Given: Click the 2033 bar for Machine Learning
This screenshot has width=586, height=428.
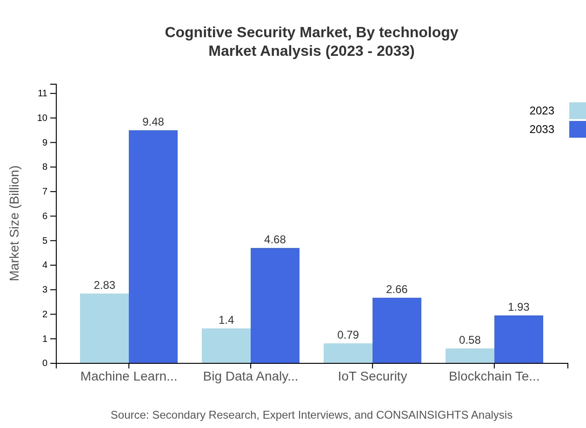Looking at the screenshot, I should pos(153,247).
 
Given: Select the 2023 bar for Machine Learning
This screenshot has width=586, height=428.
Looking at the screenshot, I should pos(104,328).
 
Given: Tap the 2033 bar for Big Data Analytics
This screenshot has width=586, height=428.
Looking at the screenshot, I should pos(275,305).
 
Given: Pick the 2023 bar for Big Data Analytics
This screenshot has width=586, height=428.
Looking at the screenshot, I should pos(226,346).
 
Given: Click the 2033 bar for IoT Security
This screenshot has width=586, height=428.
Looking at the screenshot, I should pos(397,330).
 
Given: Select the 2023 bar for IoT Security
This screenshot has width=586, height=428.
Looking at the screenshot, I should pos(348,353).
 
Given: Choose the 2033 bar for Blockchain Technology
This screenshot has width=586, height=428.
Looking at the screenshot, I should pos(519,339).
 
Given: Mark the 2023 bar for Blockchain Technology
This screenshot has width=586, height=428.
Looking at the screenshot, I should pos(470,356).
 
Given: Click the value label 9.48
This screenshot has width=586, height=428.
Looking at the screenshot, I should pos(153,122).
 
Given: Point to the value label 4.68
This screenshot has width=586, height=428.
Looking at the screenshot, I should pos(275,240).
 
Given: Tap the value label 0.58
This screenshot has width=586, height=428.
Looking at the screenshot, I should pos(470,340).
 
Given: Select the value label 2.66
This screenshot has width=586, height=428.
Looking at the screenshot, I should pos(397,289).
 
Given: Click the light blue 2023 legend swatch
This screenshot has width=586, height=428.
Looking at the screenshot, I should pos(577,111).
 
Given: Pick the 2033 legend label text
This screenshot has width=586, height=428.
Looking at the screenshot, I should pos(542,129).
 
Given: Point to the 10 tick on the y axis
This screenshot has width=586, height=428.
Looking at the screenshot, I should pos(42,118).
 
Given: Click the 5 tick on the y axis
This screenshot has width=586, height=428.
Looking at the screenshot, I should pos(45,241).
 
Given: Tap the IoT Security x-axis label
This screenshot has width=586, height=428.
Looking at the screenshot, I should pos(372,376).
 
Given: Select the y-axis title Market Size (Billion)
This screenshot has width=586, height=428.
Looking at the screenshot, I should pos(14,223).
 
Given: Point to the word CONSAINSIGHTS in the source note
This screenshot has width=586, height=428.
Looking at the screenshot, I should pos(421,415).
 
